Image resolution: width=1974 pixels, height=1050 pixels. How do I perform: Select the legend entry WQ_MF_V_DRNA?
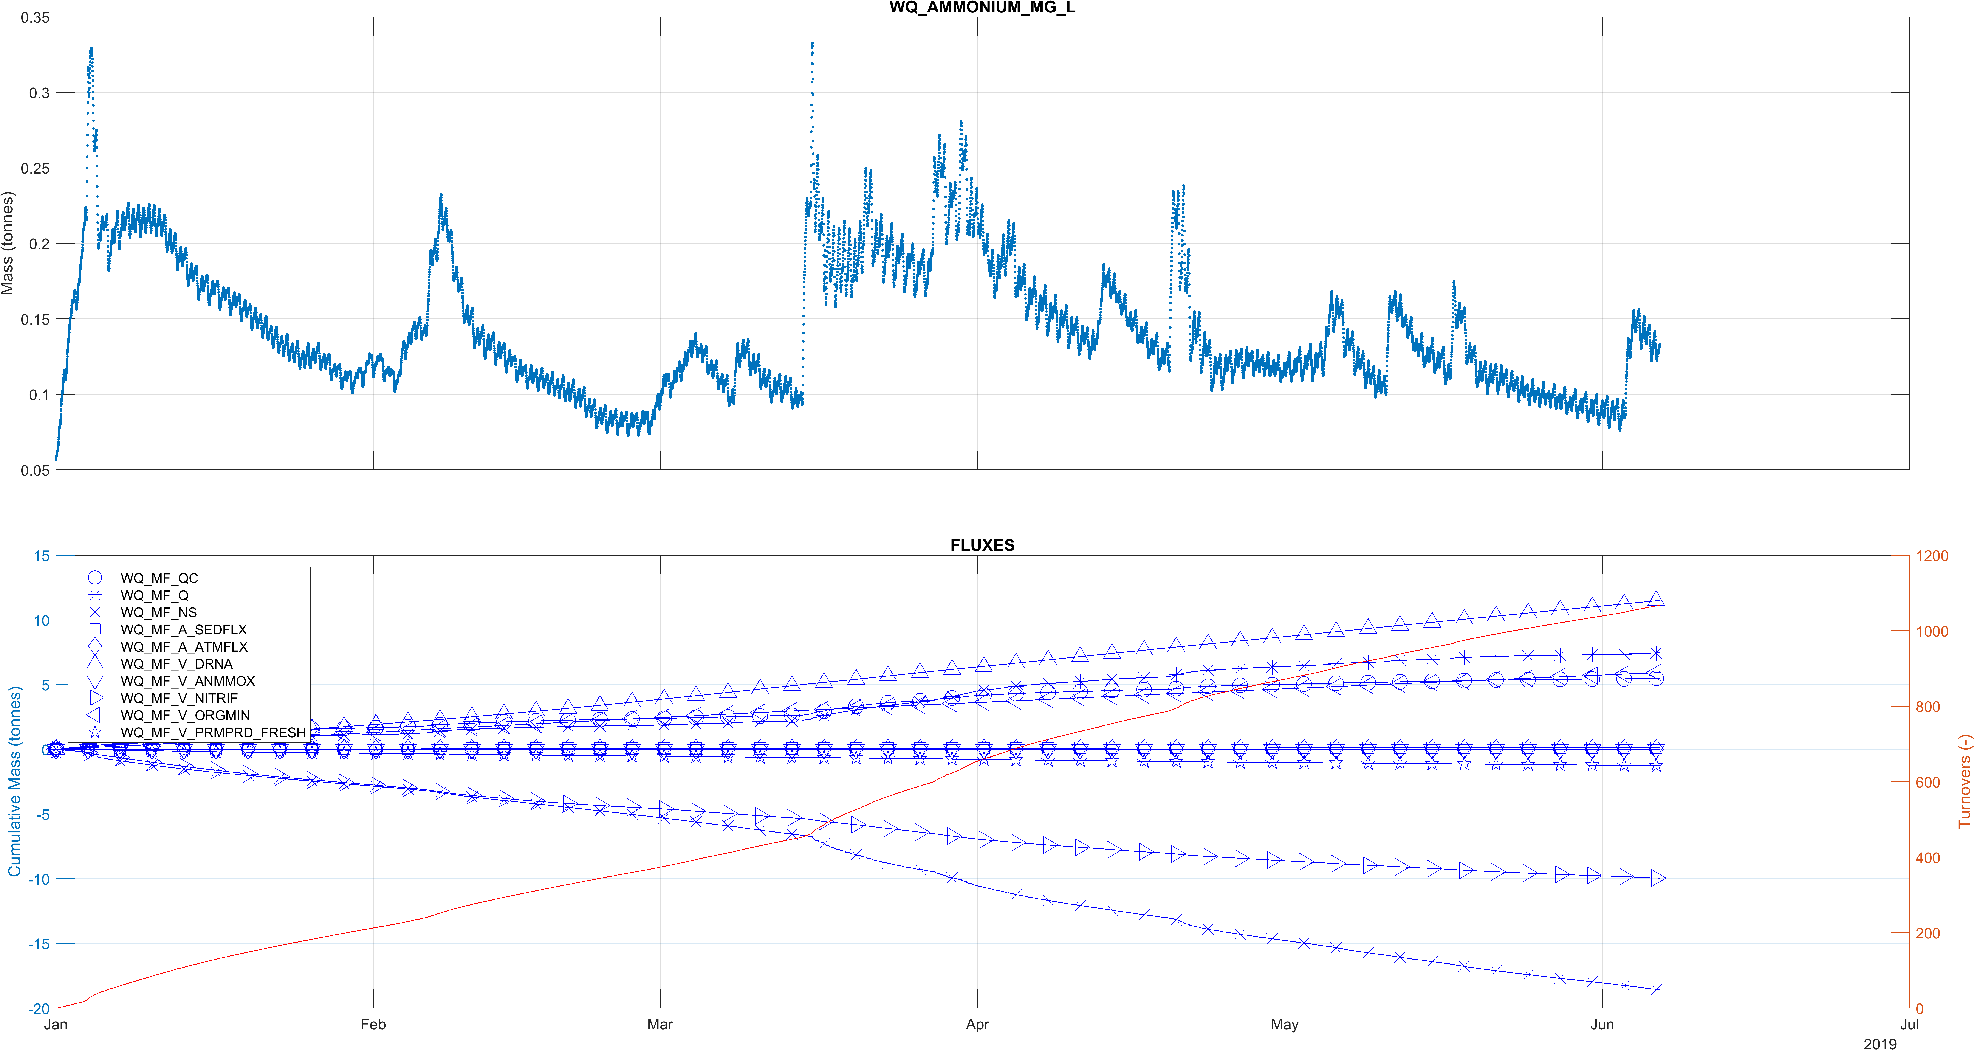point(176,664)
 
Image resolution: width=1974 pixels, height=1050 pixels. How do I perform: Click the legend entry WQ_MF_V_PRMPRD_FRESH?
point(213,733)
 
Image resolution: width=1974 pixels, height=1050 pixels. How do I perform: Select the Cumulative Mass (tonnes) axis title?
point(15,781)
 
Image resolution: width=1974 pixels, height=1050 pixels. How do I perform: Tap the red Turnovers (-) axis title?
point(1964,781)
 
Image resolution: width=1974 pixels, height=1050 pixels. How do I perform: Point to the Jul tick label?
point(1909,1025)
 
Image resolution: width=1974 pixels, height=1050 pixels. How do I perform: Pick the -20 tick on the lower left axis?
point(38,1009)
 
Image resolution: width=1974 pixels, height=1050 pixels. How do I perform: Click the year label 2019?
point(1880,1043)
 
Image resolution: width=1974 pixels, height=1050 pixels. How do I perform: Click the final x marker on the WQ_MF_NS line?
point(1656,989)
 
